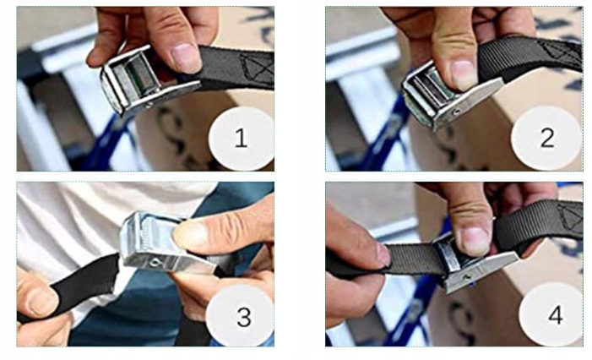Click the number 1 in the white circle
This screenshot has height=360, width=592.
[x=241, y=138]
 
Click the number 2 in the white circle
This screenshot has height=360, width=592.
[x=547, y=138]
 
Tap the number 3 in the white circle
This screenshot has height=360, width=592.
[x=244, y=317]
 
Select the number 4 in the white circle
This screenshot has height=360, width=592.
[x=556, y=315]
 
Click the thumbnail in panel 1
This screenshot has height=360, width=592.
[x=186, y=57]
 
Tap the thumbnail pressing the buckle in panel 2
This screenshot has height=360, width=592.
[x=464, y=74]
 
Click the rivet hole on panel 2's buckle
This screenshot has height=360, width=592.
[x=457, y=112]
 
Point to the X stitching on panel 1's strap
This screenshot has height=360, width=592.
[x=258, y=68]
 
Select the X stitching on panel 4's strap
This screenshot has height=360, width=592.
[x=571, y=217]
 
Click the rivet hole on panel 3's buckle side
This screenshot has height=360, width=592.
[x=154, y=261]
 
